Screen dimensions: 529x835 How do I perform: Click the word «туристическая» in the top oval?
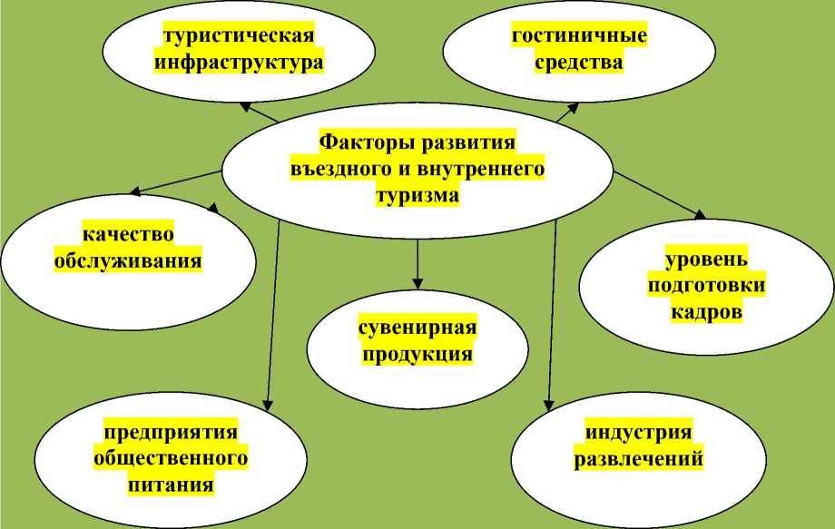point(239,36)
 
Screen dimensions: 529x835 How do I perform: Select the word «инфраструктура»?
point(239,63)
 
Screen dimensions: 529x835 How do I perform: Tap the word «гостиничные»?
point(579,36)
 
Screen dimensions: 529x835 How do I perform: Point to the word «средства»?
point(579,63)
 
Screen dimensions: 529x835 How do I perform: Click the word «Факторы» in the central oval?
point(359,142)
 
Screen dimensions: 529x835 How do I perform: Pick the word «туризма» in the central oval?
point(417,195)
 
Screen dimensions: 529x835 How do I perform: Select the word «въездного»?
point(336,169)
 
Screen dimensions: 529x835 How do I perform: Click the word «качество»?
point(128,235)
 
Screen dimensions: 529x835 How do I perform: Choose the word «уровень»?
point(706,260)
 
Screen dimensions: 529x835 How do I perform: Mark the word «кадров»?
point(707,312)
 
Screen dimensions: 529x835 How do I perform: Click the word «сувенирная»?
point(417,328)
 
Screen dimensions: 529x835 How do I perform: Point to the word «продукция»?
point(417,354)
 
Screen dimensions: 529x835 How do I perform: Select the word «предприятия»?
point(171,432)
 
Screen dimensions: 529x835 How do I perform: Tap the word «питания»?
point(171,485)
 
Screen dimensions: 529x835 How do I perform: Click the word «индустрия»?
point(639,432)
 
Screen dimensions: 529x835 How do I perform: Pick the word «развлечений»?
point(639,458)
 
